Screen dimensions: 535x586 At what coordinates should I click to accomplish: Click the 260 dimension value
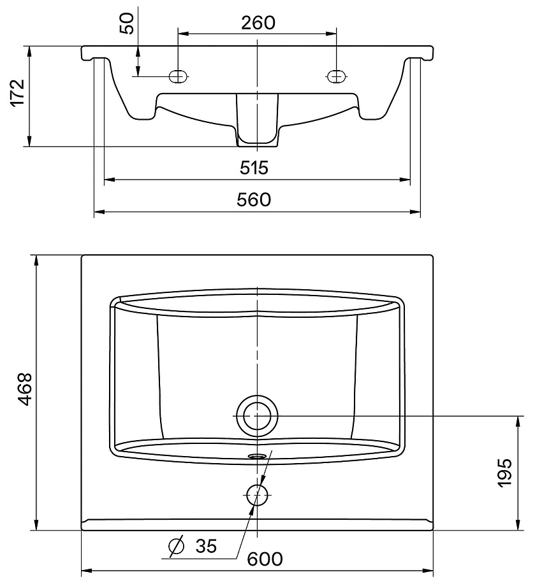tap(258, 23)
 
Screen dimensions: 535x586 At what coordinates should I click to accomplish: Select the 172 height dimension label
tap(17, 94)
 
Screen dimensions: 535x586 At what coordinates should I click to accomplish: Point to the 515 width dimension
tap(254, 168)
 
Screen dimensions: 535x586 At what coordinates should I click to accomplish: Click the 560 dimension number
tap(254, 200)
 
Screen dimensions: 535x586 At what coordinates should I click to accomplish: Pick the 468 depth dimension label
tap(26, 389)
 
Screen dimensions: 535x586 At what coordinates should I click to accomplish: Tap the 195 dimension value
tap(504, 473)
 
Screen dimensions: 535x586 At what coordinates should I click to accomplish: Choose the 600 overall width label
tap(265, 559)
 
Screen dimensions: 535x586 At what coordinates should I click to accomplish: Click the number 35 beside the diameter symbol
tap(206, 547)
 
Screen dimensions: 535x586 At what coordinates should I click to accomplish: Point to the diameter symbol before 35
tap(177, 546)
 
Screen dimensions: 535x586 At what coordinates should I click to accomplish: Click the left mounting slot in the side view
tap(178, 76)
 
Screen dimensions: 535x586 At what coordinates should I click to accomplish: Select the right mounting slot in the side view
tap(336, 76)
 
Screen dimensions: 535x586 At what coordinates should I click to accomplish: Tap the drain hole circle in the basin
tap(257, 415)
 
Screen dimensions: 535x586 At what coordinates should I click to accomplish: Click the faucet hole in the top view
tap(257, 494)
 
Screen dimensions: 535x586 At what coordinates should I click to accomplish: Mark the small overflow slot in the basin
tap(257, 456)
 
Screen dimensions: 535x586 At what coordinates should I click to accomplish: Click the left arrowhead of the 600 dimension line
tap(87, 571)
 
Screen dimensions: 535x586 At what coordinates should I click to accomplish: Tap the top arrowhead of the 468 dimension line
tap(36, 261)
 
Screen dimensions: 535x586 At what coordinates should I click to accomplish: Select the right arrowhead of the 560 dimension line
tap(415, 212)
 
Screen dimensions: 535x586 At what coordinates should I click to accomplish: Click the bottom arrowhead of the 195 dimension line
tap(518, 524)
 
